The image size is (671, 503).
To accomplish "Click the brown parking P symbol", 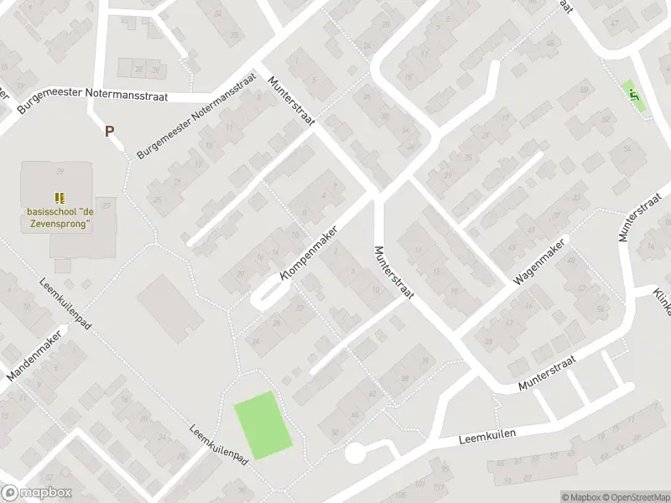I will pyautogui.click(x=108, y=131).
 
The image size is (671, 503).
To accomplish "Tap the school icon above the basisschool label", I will pyautogui.click(x=59, y=198).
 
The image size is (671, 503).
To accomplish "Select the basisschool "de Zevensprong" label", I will pyautogui.click(x=58, y=219).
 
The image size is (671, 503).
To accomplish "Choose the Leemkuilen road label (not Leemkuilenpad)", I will pyautogui.click(x=486, y=437).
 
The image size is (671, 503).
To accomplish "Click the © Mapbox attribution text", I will pyautogui.click(x=580, y=497).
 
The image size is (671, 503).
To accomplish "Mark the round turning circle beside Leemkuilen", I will pyautogui.click(x=355, y=454).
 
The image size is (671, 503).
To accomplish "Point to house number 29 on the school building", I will pyautogui.click(x=60, y=171).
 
